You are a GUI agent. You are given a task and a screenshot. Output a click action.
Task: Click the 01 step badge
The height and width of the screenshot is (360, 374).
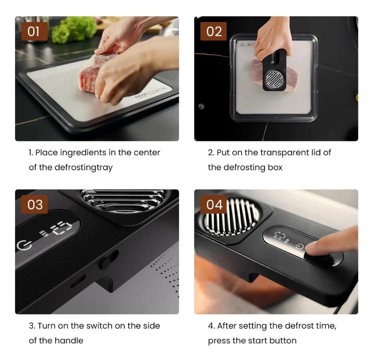click(34, 31)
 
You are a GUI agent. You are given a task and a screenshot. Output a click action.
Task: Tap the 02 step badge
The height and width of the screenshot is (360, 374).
click(214, 31)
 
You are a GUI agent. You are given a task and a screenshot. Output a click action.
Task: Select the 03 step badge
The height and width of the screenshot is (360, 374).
click(34, 204)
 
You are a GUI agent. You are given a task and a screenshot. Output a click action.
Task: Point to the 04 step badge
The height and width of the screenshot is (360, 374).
click(214, 204)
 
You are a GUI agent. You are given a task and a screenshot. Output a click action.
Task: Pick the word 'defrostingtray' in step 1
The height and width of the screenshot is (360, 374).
click(83, 168)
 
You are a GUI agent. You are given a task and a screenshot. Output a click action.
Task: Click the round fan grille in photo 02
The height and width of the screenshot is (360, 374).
click(274, 79)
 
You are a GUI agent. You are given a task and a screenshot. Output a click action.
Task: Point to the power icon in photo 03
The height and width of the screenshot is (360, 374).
click(24, 246)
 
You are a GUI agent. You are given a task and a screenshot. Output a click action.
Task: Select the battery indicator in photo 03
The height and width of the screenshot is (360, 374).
click(44, 233)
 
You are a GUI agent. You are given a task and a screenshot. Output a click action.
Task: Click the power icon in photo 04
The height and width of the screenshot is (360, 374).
click(299, 246)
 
